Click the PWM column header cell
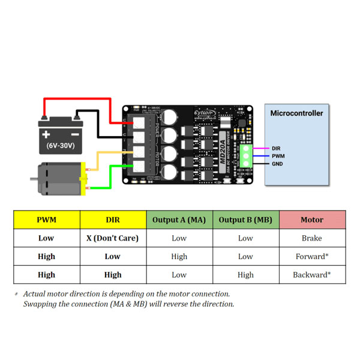(46, 220)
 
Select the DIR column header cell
(113, 220)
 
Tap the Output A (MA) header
(179, 220)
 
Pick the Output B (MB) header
(245, 220)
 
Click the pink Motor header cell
(312, 220)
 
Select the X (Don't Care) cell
(113, 238)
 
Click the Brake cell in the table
(312, 238)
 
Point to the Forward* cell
(312, 257)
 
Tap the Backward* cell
(312, 275)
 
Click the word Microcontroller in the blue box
(296, 113)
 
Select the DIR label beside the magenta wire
(276, 148)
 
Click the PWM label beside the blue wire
(278, 155)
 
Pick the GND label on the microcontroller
(277, 163)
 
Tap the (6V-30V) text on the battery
(61, 145)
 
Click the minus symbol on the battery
(76, 122)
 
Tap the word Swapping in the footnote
(40, 304)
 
